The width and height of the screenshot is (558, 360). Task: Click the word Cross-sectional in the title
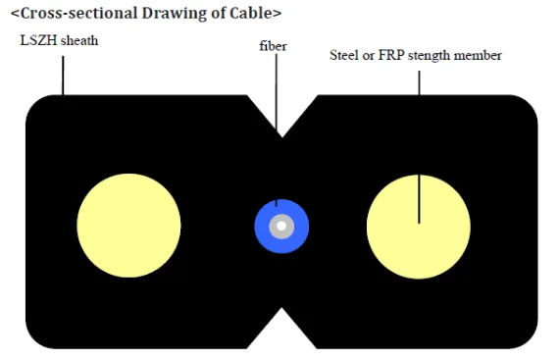[78, 13]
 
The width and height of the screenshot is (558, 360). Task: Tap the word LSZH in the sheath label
[33, 40]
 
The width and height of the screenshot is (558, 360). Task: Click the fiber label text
[273, 46]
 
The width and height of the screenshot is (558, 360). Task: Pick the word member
[478, 55]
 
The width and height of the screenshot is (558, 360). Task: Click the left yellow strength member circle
[128, 226]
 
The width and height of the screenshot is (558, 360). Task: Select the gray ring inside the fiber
[273, 227]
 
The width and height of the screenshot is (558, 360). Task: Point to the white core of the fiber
[281, 227]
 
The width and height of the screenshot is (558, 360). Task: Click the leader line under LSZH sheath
[63, 76]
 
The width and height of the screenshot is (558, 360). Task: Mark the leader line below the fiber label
[277, 129]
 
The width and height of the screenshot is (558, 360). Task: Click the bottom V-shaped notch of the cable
[281, 328]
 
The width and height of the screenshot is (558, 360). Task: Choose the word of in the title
[216, 13]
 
